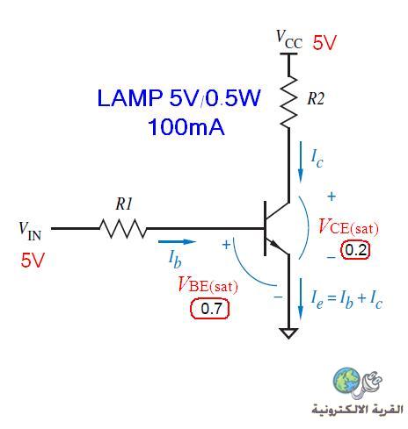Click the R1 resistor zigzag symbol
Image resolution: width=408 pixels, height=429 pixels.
click(x=123, y=228)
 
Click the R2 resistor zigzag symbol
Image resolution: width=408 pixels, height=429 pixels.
click(x=289, y=102)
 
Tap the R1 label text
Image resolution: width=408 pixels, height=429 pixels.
click(x=124, y=204)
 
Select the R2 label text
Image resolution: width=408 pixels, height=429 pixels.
click(x=316, y=99)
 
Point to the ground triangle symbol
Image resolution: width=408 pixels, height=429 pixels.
click(x=288, y=333)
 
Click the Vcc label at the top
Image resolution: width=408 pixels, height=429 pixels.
click(x=289, y=39)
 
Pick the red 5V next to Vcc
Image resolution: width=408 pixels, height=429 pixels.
click(x=324, y=43)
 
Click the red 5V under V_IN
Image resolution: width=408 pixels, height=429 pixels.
click(x=33, y=260)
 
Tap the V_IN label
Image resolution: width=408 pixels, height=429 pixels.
click(x=30, y=231)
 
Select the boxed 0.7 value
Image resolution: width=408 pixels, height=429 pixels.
click(x=210, y=309)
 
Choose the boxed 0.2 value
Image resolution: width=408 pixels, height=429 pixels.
click(x=355, y=250)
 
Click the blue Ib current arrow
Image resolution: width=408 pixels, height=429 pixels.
click(x=177, y=242)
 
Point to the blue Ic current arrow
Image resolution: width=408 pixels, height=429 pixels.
click(x=301, y=162)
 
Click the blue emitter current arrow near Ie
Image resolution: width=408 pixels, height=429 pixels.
click(x=301, y=299)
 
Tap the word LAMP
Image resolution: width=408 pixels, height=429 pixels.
click(x=130, y=97)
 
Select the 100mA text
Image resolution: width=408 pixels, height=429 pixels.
click(x=186, y=127)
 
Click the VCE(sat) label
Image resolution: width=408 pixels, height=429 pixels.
click(x=348, y=226)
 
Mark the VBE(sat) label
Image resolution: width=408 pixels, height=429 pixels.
click(x=208, y=284)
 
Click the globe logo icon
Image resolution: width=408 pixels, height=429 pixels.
click(x=346, y=380)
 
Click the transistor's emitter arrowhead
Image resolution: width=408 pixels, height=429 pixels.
click(x=273, y=244)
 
